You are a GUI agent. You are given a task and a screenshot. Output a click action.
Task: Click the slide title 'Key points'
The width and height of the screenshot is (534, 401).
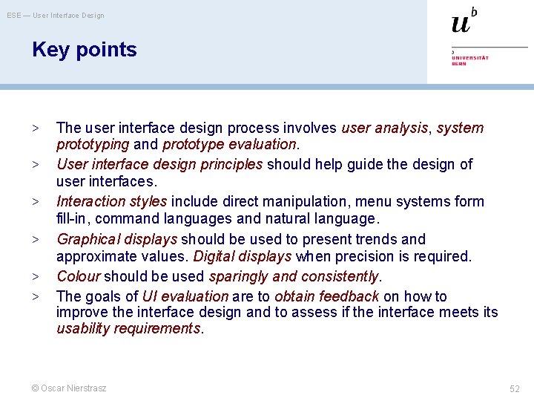[85, 50]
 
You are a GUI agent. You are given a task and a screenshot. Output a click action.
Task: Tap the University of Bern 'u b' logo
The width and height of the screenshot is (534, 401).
[464, 22]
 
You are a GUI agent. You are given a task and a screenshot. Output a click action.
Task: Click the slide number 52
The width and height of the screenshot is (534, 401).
[515, 388]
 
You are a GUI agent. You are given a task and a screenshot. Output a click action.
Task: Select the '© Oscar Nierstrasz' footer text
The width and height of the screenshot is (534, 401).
[69, 388]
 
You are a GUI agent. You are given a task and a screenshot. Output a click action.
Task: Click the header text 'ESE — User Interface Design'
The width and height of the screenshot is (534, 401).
[56, 16]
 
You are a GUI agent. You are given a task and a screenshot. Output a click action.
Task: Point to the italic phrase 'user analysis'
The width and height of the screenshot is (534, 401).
[384, 128]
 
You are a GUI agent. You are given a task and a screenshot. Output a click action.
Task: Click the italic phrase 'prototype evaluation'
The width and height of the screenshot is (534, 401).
[229, 144]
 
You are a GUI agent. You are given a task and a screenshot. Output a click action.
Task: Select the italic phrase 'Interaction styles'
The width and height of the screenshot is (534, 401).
[113, 201]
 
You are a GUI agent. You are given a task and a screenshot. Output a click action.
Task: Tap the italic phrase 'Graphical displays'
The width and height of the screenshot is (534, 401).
[116, 239]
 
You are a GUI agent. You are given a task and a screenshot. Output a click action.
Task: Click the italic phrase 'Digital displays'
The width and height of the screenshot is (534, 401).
[242, 256]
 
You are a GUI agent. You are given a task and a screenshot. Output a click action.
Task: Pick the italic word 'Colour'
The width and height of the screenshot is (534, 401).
[78, 276]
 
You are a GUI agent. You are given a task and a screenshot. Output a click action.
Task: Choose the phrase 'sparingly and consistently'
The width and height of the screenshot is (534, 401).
[294, 276]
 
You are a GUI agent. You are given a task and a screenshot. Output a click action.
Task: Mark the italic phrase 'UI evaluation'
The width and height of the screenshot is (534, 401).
[185, 296]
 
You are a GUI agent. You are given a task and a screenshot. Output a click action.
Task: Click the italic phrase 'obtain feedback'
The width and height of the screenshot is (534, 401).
[326, 296]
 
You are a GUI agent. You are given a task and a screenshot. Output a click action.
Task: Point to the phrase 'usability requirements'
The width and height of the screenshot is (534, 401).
[129, 328]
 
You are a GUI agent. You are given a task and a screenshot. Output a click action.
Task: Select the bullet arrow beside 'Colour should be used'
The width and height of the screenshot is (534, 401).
[36, 277]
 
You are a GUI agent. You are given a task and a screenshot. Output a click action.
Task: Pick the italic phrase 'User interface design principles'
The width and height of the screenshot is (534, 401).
[159, 164]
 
